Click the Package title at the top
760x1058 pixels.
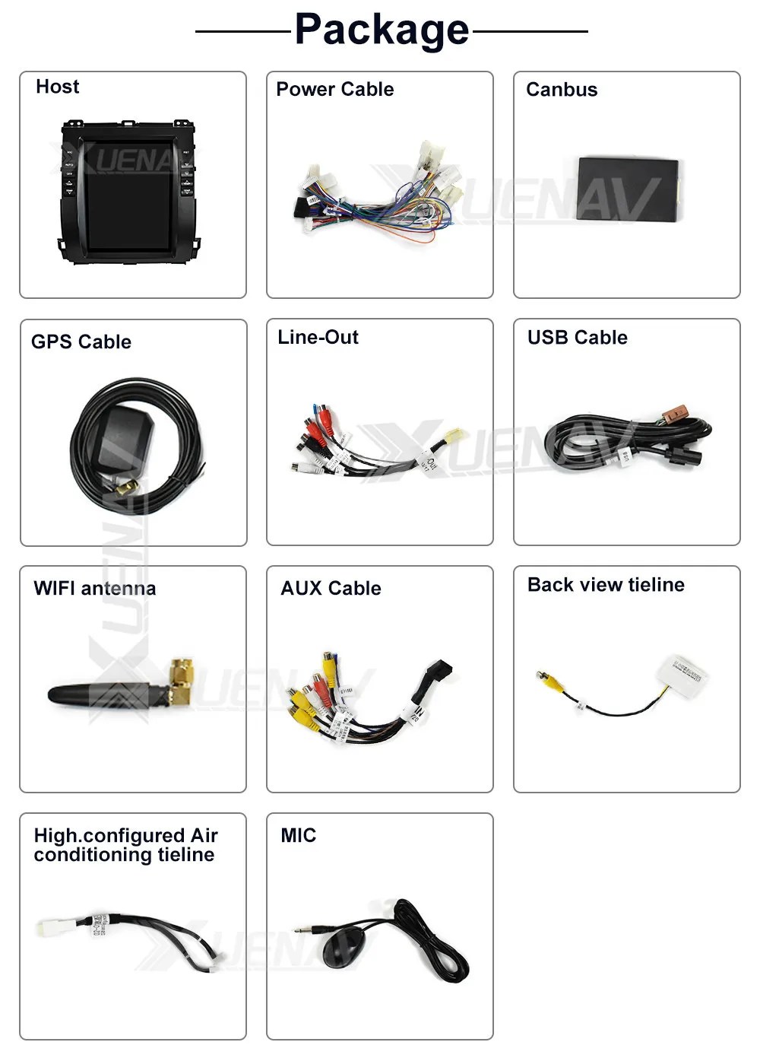tap(382, 30)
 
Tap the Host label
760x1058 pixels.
tap(57, 87)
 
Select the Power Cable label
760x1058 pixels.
tap(334, 89)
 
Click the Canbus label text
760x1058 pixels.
tap(562, 90)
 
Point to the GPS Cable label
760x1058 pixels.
tap(81, 342)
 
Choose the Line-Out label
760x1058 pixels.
tap(318, 337)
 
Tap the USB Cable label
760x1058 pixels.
tap(578, 337)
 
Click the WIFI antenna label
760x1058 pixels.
tap(95, 588)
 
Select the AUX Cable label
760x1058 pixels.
tap(331, 588)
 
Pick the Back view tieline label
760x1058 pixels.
tap(606, 584)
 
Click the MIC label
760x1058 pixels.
tap(298, 835)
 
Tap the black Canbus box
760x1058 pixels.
tap(628, 189)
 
